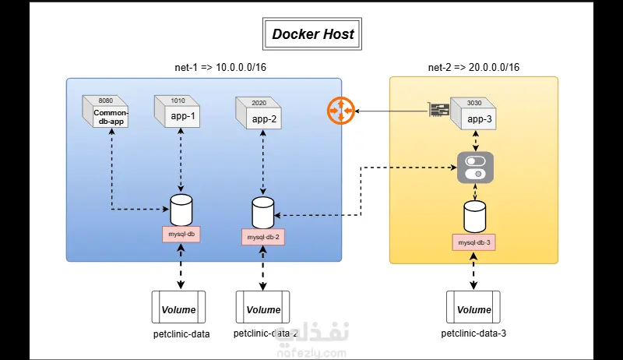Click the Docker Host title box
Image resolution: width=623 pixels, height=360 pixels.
pos(312,34)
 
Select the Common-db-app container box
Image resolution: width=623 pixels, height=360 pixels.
pos(107,115)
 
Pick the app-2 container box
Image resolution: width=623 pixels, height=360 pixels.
pos(259,118)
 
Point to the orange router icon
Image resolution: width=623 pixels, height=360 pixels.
pos(340,111)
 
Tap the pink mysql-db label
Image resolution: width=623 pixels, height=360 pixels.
pos(181,232)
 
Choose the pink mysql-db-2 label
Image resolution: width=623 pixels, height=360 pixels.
pos(262,236)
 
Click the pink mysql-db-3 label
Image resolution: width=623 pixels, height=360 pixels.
pos(473,242)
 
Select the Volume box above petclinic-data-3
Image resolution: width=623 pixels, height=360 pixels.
pos(473,309)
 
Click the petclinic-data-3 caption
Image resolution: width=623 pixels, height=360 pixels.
pos(473,334)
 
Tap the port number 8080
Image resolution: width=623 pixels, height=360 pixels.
pos(106,100)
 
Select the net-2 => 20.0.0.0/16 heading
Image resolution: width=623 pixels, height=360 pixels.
pos(473,68)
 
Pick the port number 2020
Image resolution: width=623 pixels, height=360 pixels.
pos(259,102)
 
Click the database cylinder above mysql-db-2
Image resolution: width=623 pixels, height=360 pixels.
pos(263,211)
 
